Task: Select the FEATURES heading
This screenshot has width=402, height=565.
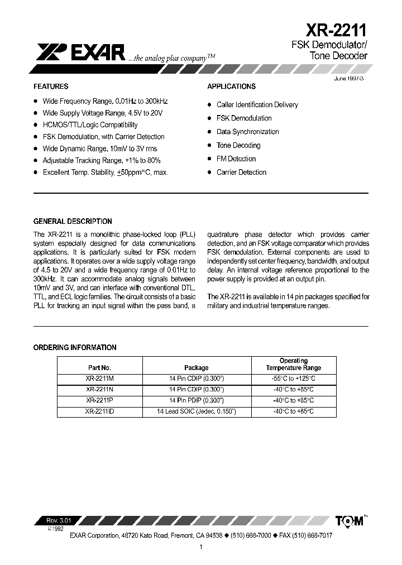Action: click(51, 87)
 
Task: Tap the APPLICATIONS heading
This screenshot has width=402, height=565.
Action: click(231, 87)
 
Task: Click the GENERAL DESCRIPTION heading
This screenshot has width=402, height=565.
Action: click(73, 221)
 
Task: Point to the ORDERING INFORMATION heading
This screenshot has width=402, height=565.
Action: click(75, 347)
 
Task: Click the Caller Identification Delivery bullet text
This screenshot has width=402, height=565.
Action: click(257, 105)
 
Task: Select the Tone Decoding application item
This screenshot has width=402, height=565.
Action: click(238, 145)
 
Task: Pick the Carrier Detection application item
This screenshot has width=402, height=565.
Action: click(241, 172)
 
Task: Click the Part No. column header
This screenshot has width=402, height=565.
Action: click(100, 368)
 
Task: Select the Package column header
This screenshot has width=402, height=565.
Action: click(197, 368)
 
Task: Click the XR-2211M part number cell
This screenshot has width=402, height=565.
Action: click(100, 379)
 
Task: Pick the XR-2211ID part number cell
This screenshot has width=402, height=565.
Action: click(100, 411)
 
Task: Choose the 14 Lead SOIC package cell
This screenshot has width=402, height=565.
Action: click(197, 411)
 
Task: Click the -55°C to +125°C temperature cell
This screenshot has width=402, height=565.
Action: click(294, 379)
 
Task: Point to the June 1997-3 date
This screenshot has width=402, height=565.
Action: click(348, 79)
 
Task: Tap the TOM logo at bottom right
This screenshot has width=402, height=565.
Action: click(350, 521)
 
